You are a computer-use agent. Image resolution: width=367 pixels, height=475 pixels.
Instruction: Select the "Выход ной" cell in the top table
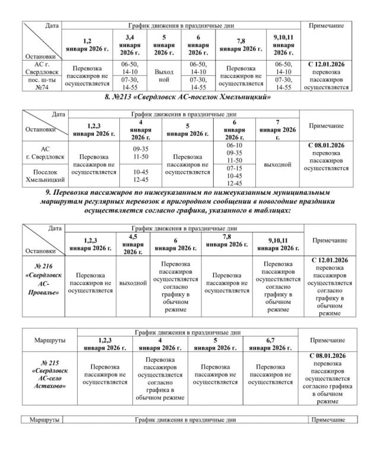(x=164, y=75)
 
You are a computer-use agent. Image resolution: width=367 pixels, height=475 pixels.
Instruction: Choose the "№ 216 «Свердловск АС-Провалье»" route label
(x=42, y=287)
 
